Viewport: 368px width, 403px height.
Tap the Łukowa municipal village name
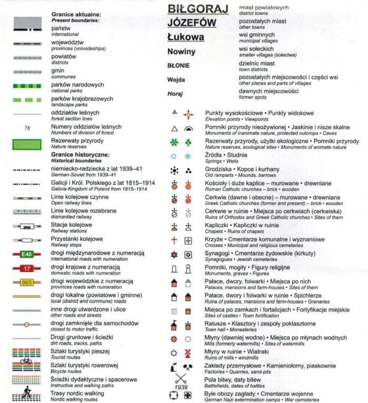pyautogui.click(x=186, y=37)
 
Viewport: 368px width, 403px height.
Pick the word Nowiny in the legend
pyautogui.click(x=181, y=52)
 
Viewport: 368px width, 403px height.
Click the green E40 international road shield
pyautogui.click(x=27, y=255)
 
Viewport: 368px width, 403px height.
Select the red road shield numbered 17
pyautogui.click(x=27, y=269)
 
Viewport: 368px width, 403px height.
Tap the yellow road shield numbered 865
pyautogui.click(x=27, y=283)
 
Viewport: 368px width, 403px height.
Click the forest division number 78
pyautogui.click(x=27, y=128)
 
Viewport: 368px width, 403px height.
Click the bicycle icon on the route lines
pyautogui.click(x=27, y=361)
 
